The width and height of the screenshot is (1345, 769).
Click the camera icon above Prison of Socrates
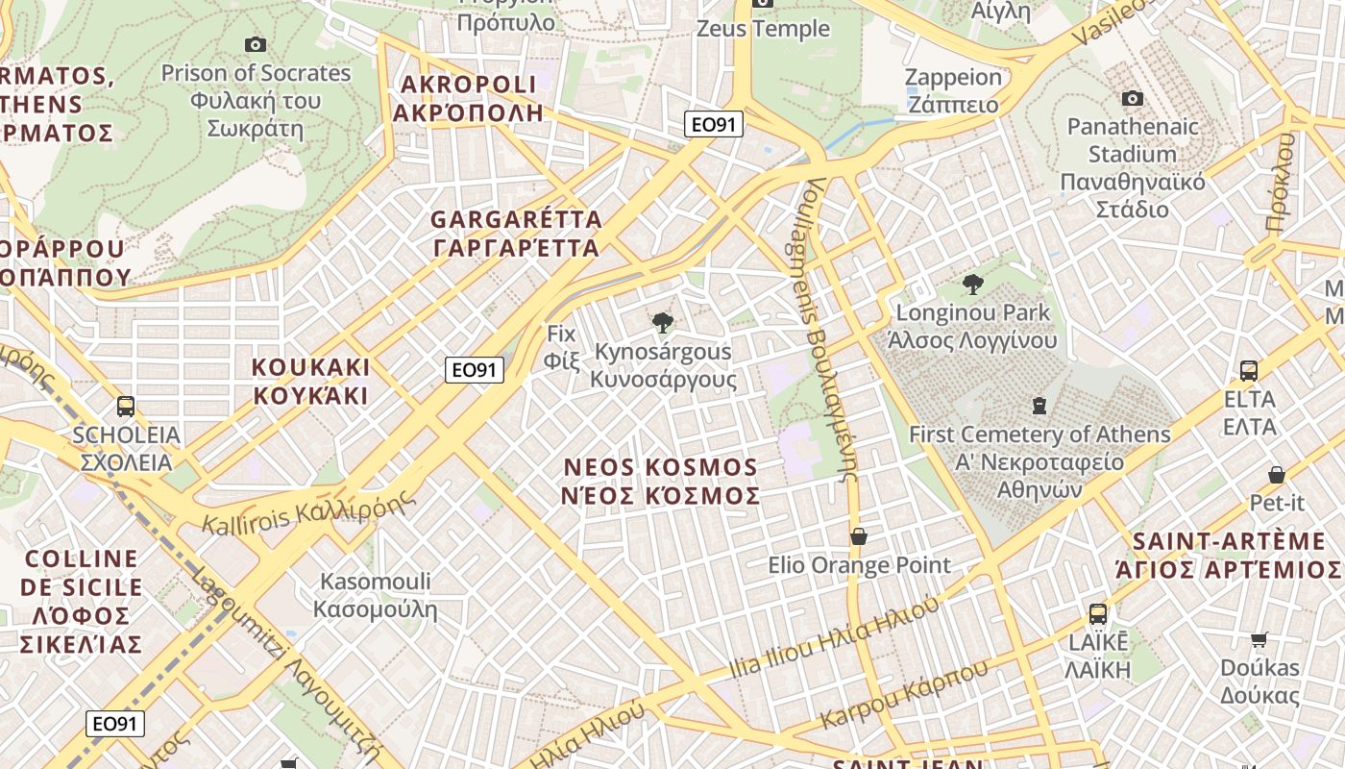(255, 44)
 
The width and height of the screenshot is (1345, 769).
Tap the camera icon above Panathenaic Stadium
(1133, 98)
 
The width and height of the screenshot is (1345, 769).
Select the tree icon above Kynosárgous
(662, 323)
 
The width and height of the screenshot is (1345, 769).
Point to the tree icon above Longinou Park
(972, 284)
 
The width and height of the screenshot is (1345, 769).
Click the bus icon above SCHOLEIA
(126, 406)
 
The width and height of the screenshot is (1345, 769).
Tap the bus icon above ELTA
(1249, 370)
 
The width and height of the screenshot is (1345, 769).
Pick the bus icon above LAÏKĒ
(1098, 613)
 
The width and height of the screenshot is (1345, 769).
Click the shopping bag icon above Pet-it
(1277, 474)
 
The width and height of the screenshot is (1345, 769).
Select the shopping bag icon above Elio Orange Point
(859, 535)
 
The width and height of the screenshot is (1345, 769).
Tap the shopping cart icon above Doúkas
(1259, 639)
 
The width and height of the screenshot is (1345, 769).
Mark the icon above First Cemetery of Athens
(1039, 406)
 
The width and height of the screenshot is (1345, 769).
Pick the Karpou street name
(888, 698)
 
